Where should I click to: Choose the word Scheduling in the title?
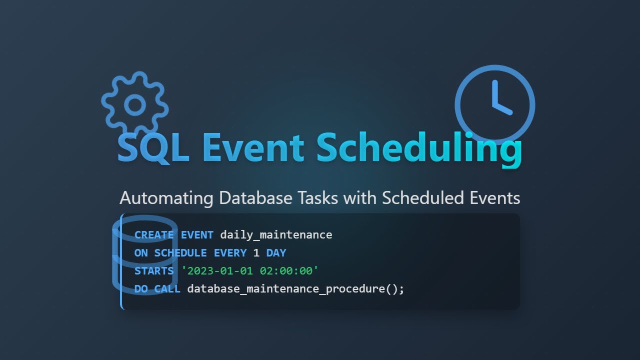tap(419, 148)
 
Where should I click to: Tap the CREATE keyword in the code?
tap(154, 235)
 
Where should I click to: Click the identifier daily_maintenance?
tap(276, 235)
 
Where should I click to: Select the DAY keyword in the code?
tap(276, 253)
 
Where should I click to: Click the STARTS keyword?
tap(154, 271)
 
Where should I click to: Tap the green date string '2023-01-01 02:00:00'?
tap(250, 271)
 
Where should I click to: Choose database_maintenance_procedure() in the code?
tap(295, 289)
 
